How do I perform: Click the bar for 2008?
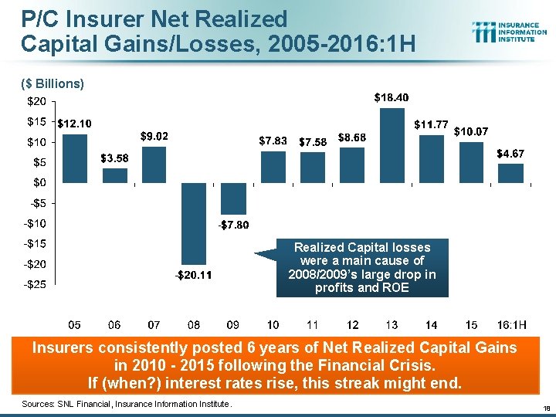(195, 223)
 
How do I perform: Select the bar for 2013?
(393, 145)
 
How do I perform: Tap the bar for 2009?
(234, 198)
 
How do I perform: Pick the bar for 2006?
(115, 175)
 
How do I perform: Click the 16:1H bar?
(510, 173)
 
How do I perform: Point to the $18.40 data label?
(392, 98)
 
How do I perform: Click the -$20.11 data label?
(193, 276)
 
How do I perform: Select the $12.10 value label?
(75, 124)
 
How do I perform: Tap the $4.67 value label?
(510, 154)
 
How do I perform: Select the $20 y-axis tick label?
(36, 101)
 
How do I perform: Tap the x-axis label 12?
(353, 324)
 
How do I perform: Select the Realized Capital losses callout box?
(361, 268)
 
